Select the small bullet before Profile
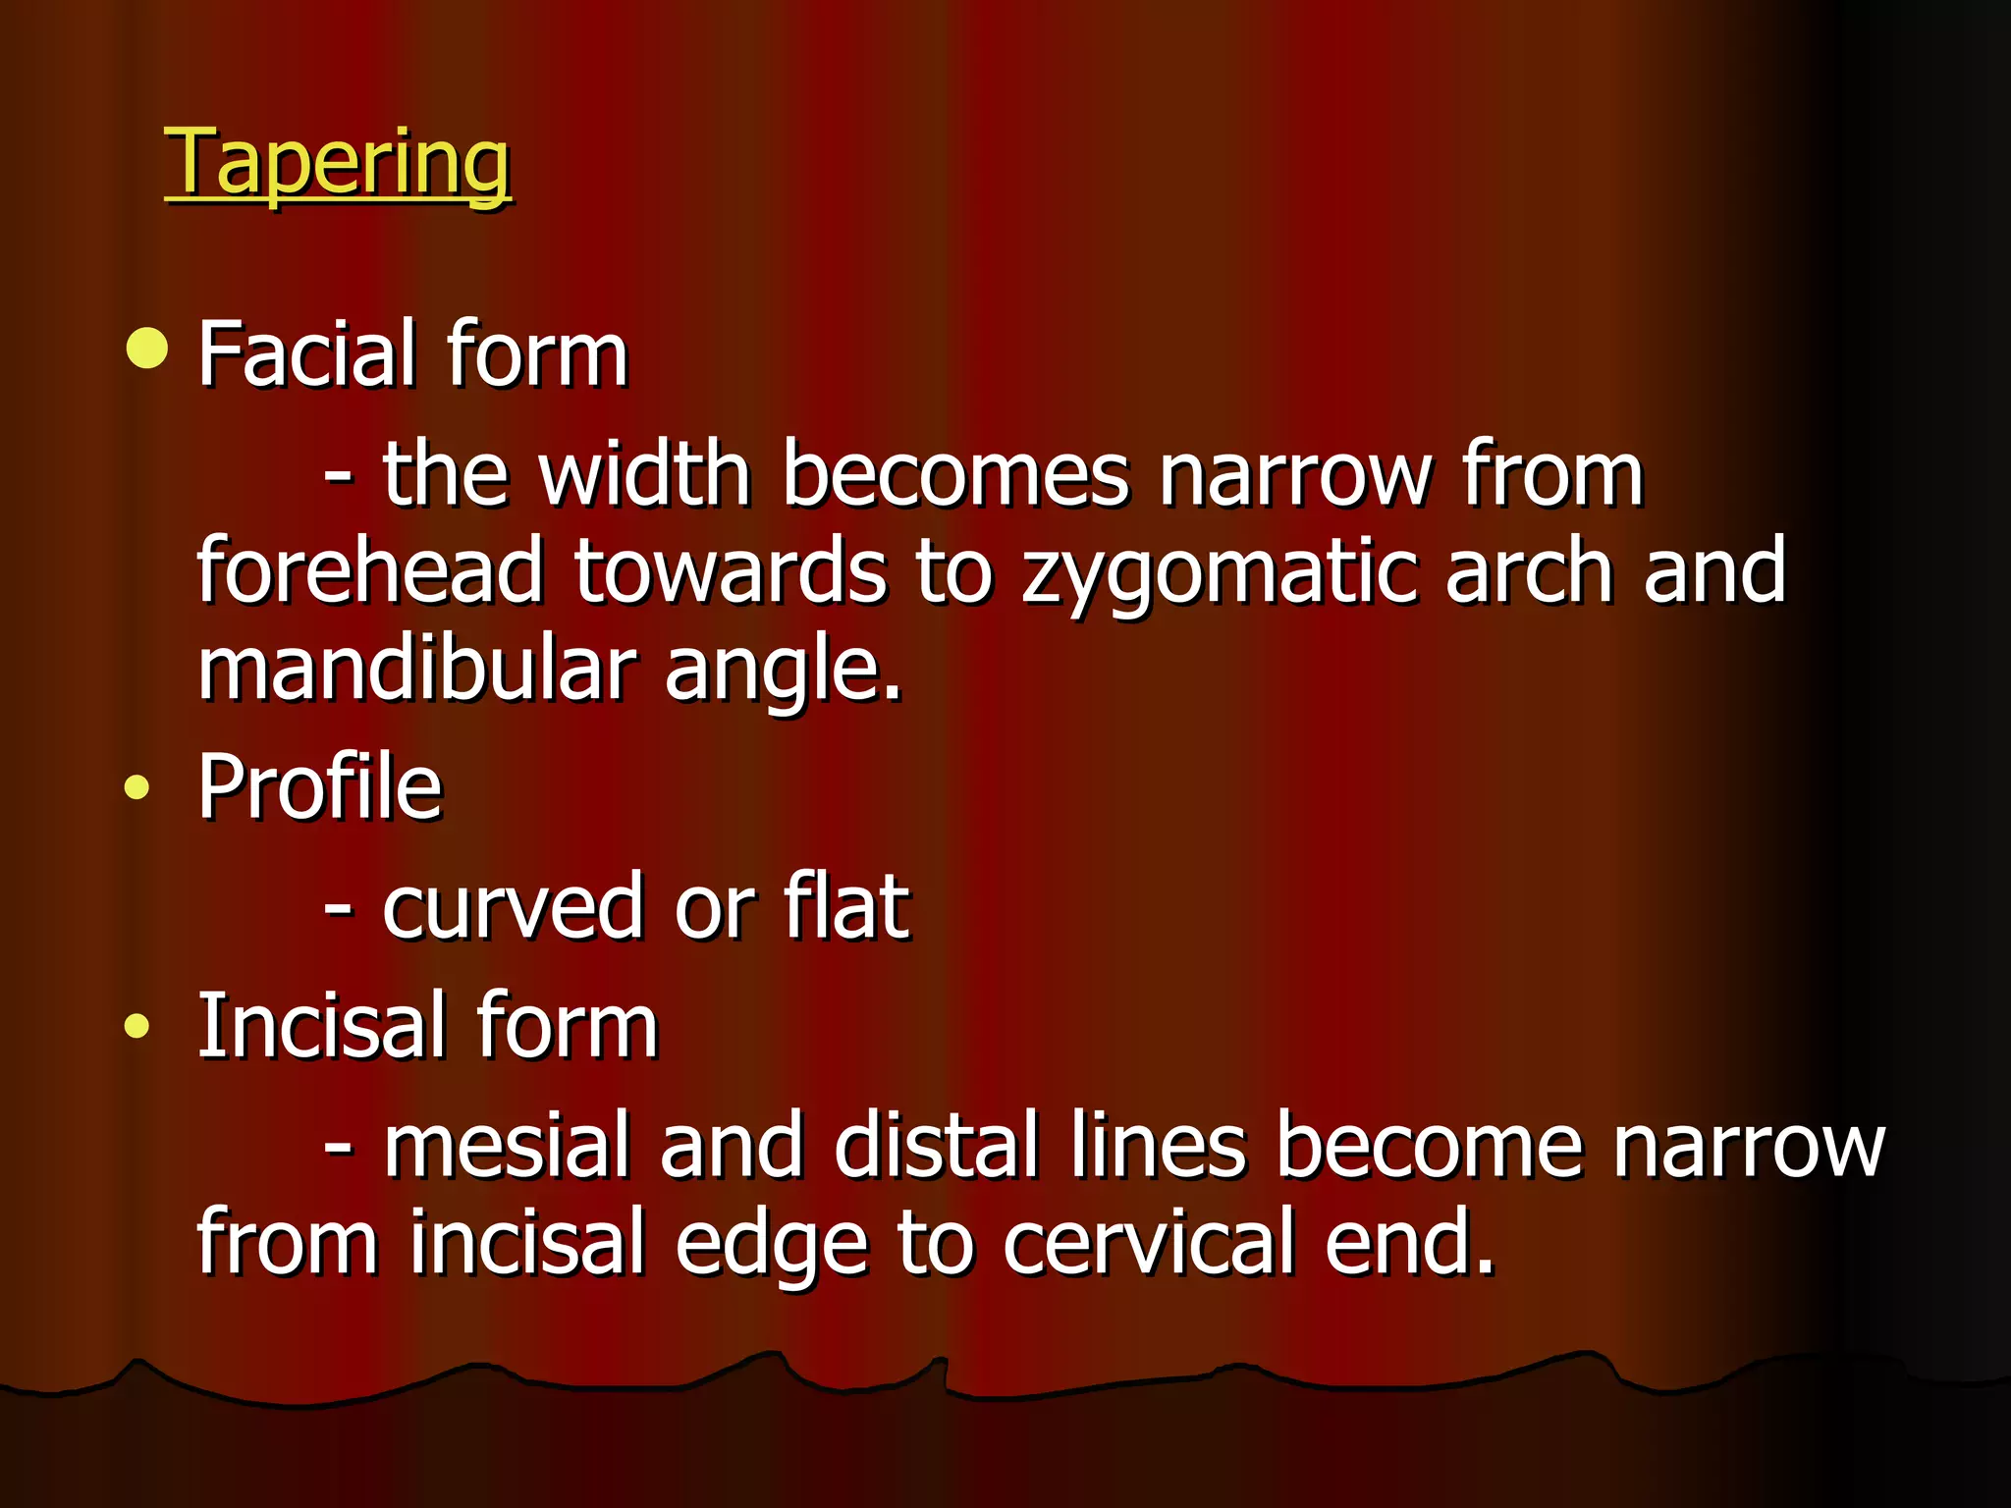[137, 787]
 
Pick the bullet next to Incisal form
[137, 1027]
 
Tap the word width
[645, 474]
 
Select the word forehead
[370, 570]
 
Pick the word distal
[937, 1146]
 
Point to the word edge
[772, 1244]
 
